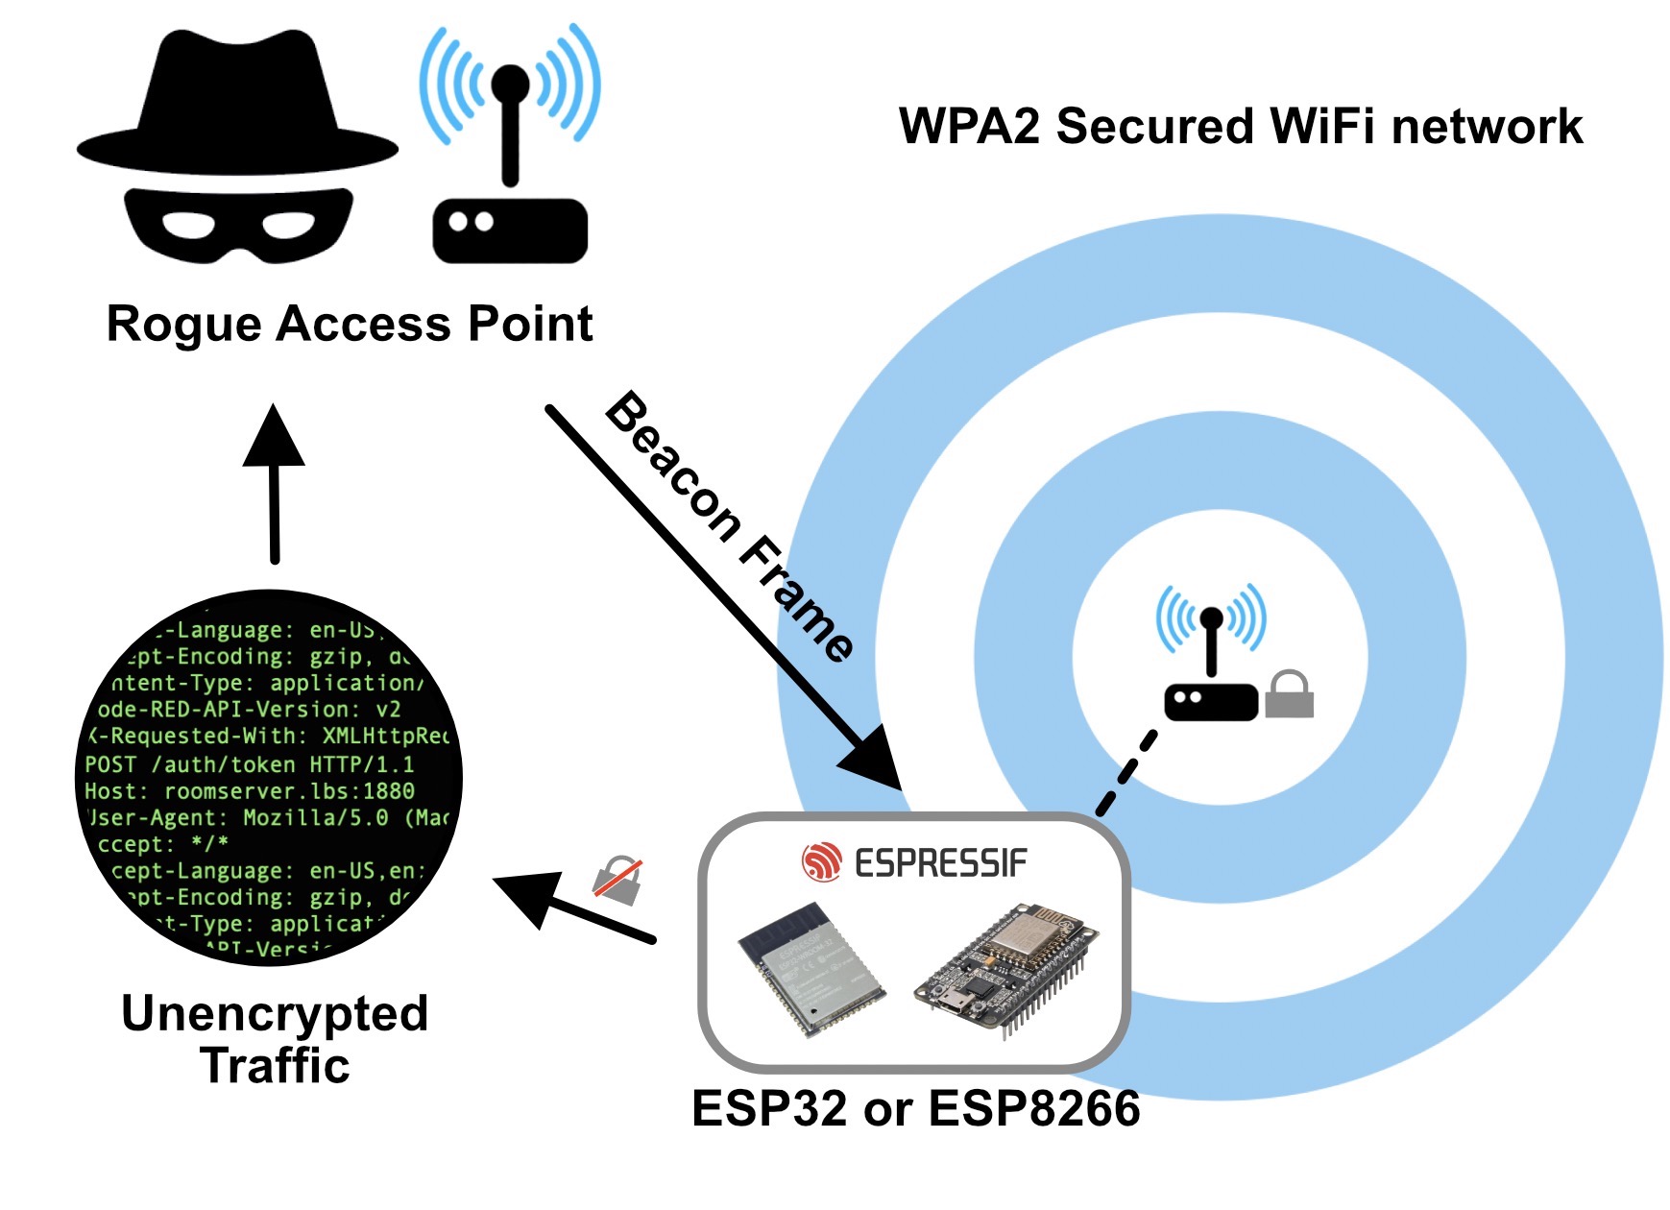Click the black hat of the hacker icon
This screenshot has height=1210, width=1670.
click(238, 106)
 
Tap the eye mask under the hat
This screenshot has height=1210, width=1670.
click(238, 224)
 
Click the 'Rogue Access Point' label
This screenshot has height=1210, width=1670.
click(350, 324)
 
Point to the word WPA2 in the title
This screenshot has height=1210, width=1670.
click(969, 127)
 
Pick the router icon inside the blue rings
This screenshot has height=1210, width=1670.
click(1211, 663)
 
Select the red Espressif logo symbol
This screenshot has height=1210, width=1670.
click(821, 861)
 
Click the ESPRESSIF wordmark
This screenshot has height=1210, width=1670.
click(940, 863)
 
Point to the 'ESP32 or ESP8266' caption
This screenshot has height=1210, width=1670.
click(915, 1108)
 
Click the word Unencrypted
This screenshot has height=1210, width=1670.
click(275, 1013)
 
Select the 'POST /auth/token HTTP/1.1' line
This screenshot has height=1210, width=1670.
click(250, 764)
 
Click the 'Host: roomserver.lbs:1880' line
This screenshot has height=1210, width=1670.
click(250, 791)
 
